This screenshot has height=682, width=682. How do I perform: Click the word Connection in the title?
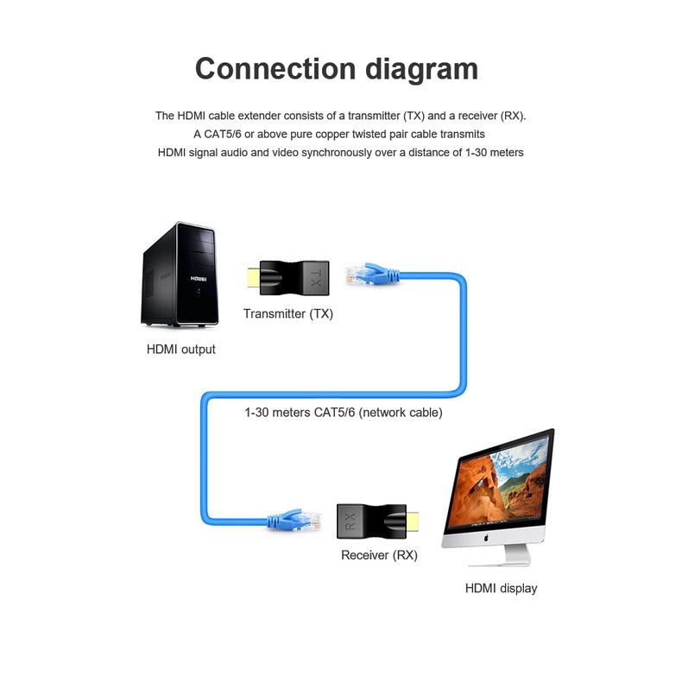275,69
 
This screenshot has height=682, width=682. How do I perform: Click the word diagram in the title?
421,71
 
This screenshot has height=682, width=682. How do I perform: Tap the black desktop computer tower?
180,274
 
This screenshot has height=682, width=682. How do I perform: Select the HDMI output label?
181,350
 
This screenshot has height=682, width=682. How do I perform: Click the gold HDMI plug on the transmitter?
253,277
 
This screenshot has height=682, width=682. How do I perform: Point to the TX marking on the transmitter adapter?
316,278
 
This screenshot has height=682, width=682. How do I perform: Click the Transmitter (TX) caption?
288,313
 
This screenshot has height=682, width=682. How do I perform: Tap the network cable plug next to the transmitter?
371,274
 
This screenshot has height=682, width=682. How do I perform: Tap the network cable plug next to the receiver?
295,520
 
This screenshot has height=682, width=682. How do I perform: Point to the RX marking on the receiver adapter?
350,521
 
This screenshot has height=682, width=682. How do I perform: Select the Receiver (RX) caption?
379,555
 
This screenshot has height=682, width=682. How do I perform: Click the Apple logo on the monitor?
486,538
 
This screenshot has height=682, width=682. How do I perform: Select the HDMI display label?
501,589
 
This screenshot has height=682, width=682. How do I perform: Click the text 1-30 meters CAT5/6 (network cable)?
344,413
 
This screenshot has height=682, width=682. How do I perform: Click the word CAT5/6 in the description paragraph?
222,134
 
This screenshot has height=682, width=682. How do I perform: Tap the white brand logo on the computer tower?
199,279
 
